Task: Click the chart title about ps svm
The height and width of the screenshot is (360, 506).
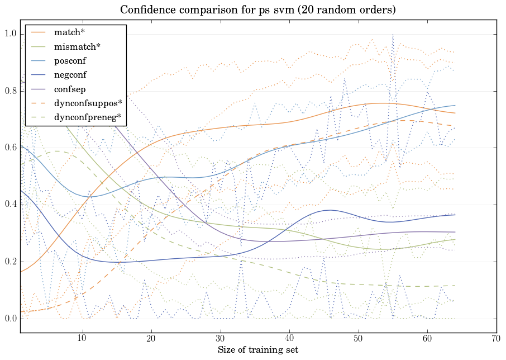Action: pos(257,10)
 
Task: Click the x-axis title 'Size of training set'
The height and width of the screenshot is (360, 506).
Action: pos(257,350)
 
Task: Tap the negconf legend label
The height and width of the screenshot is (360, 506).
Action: pos(70,75)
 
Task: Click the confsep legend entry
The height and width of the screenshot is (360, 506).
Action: pos(70,89)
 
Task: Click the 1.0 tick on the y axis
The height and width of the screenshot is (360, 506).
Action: pos(11,34)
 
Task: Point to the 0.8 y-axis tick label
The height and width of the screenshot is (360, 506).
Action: pos(11,91)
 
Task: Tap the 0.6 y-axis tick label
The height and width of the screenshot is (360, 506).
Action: pos(11,148)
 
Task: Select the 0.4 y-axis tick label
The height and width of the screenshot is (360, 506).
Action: pos(11,205)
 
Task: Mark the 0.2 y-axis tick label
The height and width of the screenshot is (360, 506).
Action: pos(11,262)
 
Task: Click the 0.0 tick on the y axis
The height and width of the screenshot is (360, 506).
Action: pos(11,319)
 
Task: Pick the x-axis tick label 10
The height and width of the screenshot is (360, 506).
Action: pos(83,339)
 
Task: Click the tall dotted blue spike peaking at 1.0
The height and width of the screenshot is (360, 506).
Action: pos(393,36)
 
